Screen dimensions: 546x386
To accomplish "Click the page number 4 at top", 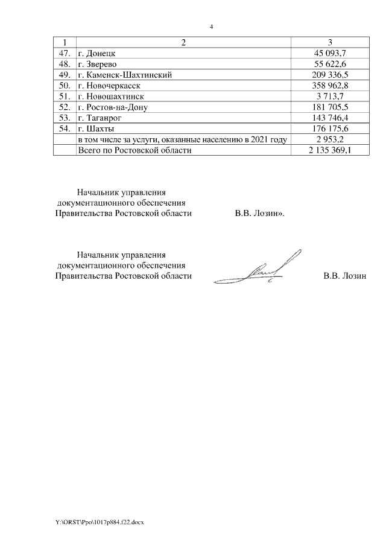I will point(211,27).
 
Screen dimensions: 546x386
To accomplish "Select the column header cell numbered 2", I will point(183,42).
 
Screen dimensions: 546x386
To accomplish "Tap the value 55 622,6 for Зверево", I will point(330,64).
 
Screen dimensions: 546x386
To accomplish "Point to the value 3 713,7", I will point(330,97).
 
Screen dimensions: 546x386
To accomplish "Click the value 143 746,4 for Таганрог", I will point(330,118).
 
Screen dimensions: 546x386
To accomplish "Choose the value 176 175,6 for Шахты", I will point(330,129).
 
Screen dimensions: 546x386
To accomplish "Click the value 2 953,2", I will point(330,140).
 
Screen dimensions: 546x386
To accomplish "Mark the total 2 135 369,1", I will point(330,151).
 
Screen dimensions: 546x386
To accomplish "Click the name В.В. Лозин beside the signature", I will point(345,276).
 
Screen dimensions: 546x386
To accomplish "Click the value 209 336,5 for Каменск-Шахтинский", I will point(330,75).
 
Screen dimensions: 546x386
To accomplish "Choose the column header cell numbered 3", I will point(330,42).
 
